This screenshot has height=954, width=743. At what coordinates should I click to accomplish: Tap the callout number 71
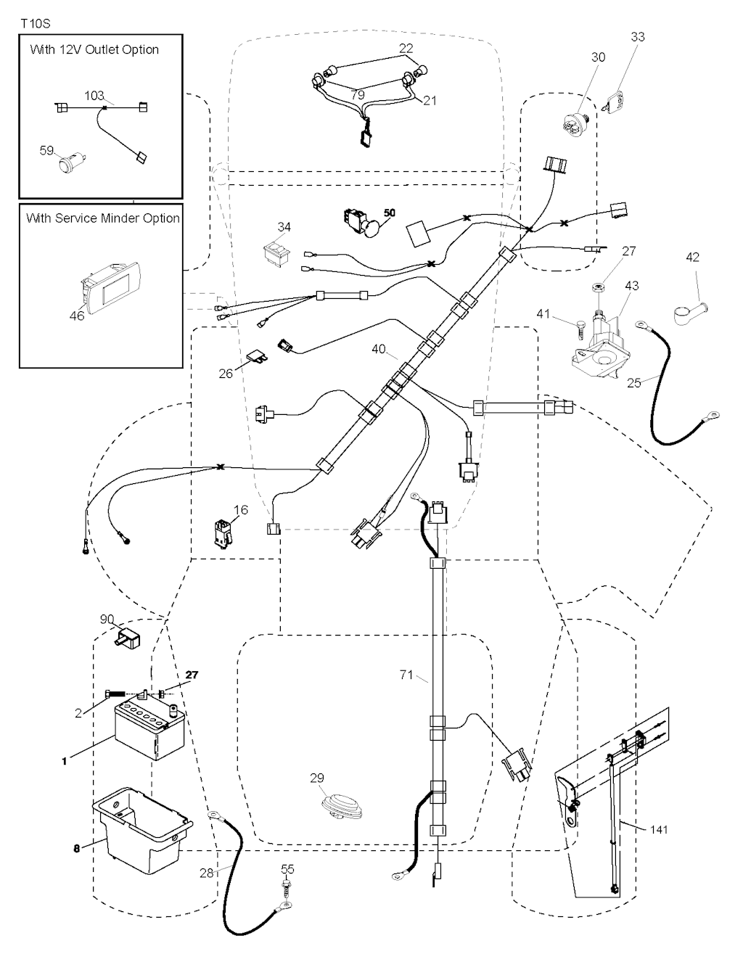[406, 675]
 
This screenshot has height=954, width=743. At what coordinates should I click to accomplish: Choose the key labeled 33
[615, 101]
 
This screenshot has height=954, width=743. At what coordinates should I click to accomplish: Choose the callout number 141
[659, 829]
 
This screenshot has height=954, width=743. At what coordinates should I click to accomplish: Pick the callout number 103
[94, 95]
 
